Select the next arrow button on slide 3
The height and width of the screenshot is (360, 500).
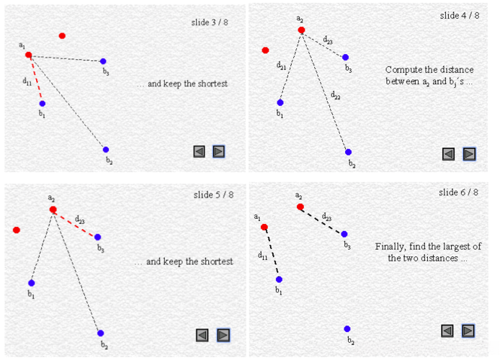click(x=219, y=151)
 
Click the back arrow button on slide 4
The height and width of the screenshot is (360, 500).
click(x=448, y=154)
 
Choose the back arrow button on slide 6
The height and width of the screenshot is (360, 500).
click(x=447, y=330)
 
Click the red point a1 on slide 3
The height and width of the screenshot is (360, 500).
click(x=29, y=55)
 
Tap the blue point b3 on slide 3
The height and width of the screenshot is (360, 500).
click(x=103, y=61)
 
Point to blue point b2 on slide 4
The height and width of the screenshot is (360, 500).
click(x=348, y=152)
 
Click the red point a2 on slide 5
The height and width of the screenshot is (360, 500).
click(x=53, y=210)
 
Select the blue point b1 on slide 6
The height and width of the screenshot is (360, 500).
click(x=279, y=279)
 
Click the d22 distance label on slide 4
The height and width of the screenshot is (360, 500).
click(x=336, y=95)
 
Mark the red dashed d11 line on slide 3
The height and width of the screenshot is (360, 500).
click(x=35, y=79)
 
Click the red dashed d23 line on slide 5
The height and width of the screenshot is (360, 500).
click(x=75, y=223)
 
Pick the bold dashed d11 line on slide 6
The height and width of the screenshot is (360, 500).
click(x=272, y=253)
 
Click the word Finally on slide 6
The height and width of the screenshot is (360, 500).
click(x=390, y=246)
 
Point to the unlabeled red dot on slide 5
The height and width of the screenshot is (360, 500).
click(x=17, y=230)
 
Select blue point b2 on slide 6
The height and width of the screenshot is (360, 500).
click(x=347, y=329)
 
